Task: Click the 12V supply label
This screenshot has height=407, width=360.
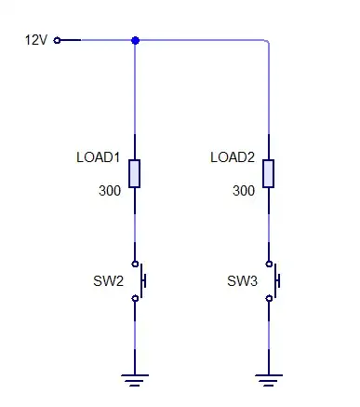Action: (35, 40)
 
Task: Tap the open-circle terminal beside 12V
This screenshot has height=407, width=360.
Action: (58, 40)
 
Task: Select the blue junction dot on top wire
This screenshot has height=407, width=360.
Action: (136, 40)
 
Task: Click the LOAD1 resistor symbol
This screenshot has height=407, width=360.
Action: (136, 173)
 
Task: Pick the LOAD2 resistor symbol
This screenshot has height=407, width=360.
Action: (270, 173)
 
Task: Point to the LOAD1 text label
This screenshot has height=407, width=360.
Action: (99, 157)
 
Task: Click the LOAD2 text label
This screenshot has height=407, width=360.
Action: (233, 157)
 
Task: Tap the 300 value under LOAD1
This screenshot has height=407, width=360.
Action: (110, 191)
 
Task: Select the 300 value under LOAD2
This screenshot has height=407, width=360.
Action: (244, 191)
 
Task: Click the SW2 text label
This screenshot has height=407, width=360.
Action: (107, 280)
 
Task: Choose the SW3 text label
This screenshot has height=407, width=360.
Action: (242, 280)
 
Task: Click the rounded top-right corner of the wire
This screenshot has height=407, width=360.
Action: (267, 43)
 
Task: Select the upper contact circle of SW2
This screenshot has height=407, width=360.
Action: (136, 263)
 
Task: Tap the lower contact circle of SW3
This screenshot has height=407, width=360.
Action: (270, 298)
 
